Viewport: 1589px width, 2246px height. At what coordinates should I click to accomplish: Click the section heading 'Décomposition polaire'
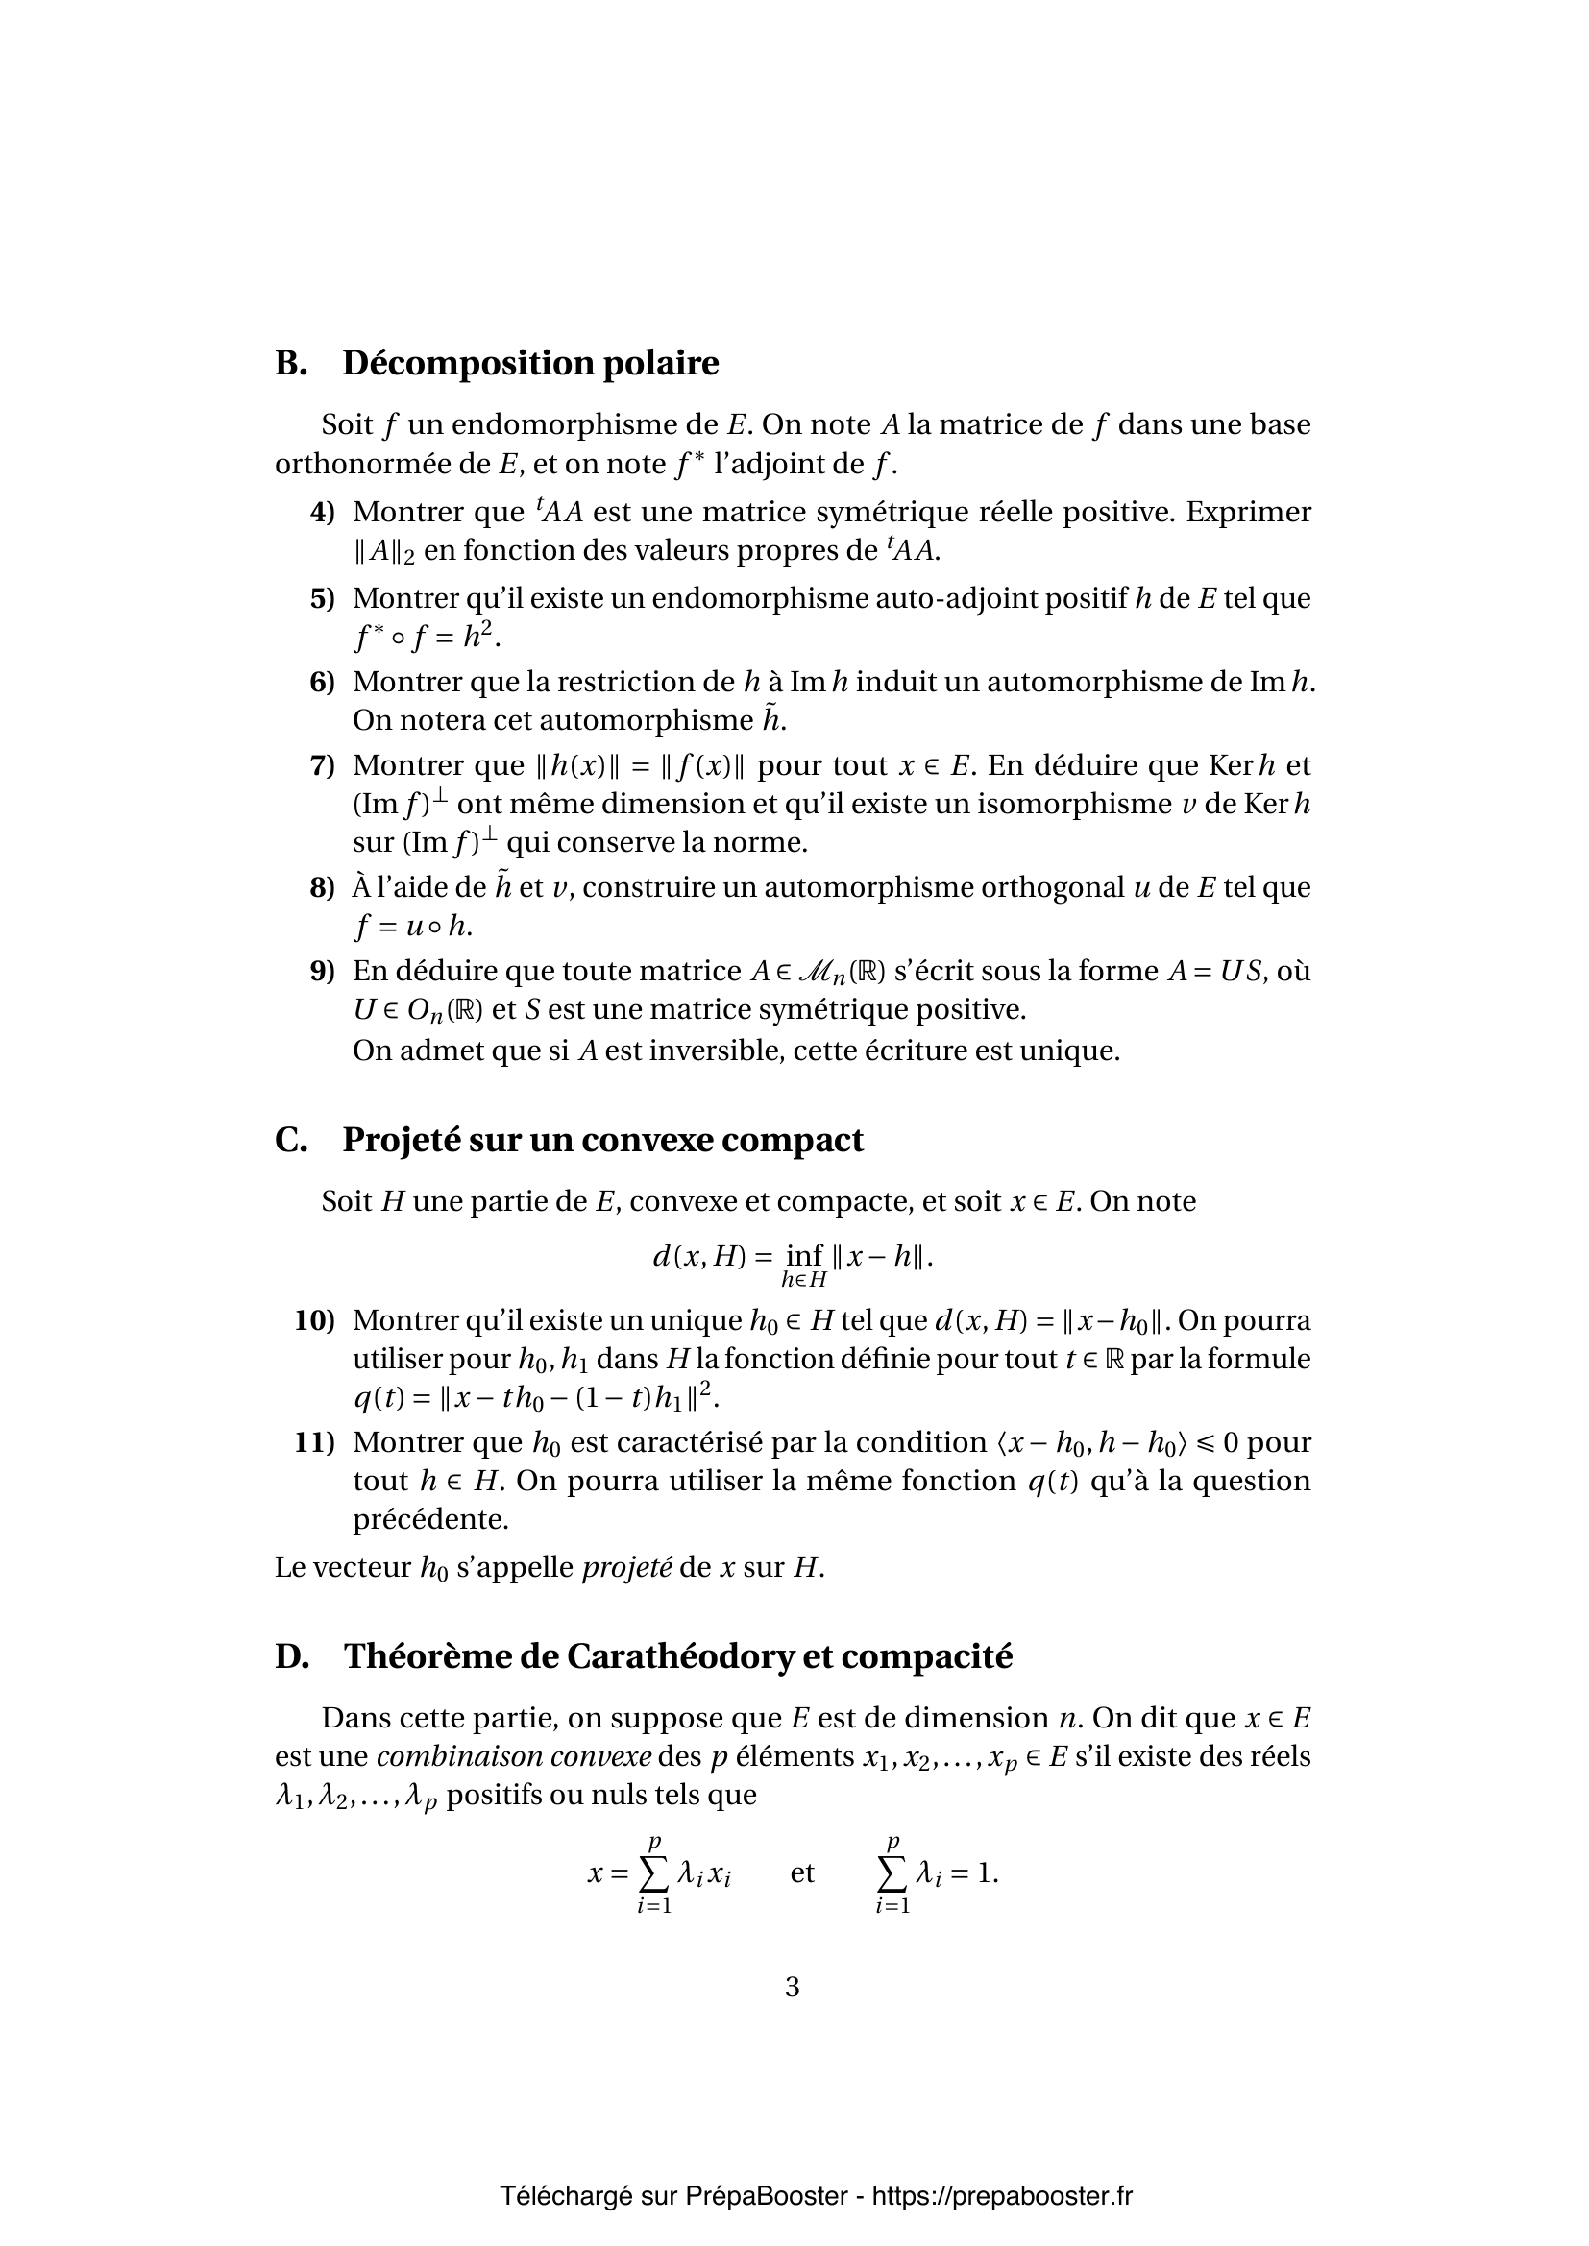click(x=529, y=363)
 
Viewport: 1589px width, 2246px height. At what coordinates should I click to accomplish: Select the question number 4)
click(x=323, y=512)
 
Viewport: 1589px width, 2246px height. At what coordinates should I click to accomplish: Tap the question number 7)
click(x=323, y=765)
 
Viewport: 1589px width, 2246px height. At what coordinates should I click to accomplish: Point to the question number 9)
click(x=323, y=971)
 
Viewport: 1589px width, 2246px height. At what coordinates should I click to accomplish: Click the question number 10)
click(x=315, y=1320)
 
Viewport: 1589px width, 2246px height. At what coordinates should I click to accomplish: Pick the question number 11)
click(x=315, y=1442)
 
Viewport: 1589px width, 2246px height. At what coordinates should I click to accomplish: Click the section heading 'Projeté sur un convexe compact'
click(x=601, y=1140)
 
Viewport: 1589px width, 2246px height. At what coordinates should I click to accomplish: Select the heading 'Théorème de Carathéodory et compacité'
click(x=677, y=1656)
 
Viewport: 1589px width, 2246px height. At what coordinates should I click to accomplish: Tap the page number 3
click(x=793, y=1987)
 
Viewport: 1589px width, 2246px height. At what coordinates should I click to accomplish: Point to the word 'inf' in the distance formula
click(x=804, y=1255)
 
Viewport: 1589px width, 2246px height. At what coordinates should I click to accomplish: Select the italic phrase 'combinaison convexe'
click(x=514, y=1757)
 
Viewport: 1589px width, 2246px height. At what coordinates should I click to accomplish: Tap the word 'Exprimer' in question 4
click(x=1249, y=512)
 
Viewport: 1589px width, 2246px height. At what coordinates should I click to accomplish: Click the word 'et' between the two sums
click(x=802, y=1872)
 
